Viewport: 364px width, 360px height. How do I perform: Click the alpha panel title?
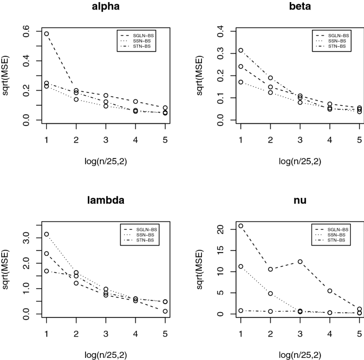click(106, 6)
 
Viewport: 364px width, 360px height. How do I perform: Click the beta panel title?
click(300, 6)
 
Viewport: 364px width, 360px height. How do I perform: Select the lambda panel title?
click(106, 200)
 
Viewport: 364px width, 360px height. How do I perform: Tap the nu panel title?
click(300, 200)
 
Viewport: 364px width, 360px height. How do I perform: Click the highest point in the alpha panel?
click(46, 34)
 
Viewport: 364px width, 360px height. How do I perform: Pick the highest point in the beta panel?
click(241, 51)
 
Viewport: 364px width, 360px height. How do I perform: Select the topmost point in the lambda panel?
click(46, 234)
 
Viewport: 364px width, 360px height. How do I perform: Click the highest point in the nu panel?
click(241, 226)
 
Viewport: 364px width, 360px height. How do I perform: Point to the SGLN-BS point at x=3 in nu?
click(300, 262)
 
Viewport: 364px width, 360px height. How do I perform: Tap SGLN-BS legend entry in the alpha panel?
click(137, 36)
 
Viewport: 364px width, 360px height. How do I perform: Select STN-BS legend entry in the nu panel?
click(331, 240)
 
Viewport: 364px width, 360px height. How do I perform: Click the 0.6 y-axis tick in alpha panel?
click(26, 31)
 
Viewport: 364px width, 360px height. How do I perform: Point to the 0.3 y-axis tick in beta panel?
click(221, 53)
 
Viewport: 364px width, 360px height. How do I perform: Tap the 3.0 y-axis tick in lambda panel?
click(26, 238)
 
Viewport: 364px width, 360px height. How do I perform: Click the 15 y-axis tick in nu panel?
click(221, 250)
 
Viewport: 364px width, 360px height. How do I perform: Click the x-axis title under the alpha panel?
click(106, 161)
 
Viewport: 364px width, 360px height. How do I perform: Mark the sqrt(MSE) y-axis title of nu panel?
click(199, 270)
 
